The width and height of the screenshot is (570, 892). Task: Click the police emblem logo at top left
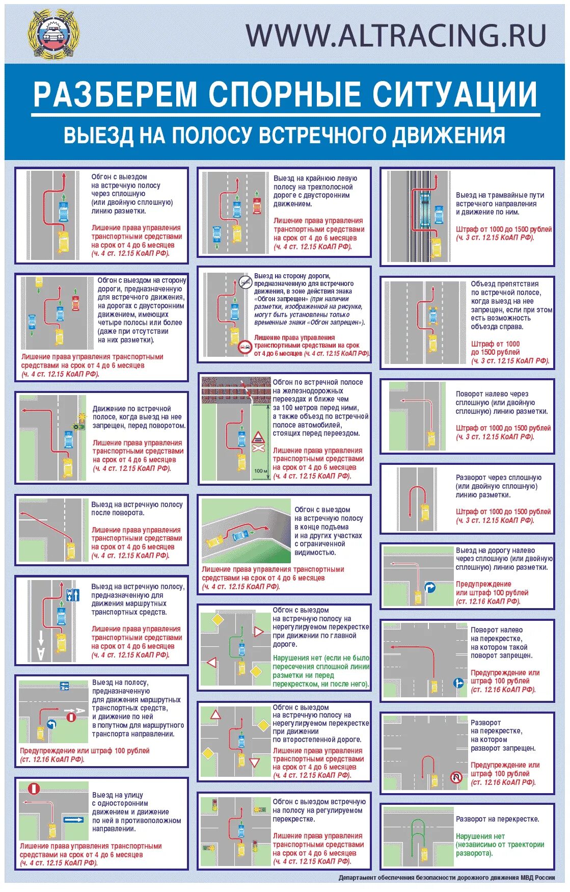click(x=52, y=33)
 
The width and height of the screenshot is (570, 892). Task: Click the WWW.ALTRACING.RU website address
click(x=396, y=35)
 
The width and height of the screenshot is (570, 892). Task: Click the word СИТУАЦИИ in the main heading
click(x=454, y=94)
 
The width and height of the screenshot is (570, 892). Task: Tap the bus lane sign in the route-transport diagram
click(x=72, y=594)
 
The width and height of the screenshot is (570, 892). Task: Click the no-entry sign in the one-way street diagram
click(x=34, y=789)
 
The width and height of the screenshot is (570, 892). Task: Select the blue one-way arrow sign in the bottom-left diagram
click(x=74, y=820)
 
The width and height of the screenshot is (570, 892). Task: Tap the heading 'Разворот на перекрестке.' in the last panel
click(x=497, y=819)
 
